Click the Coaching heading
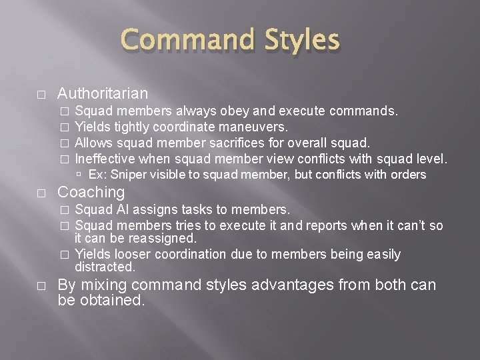[x=91, y=192]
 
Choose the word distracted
[x=105, y=267]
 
